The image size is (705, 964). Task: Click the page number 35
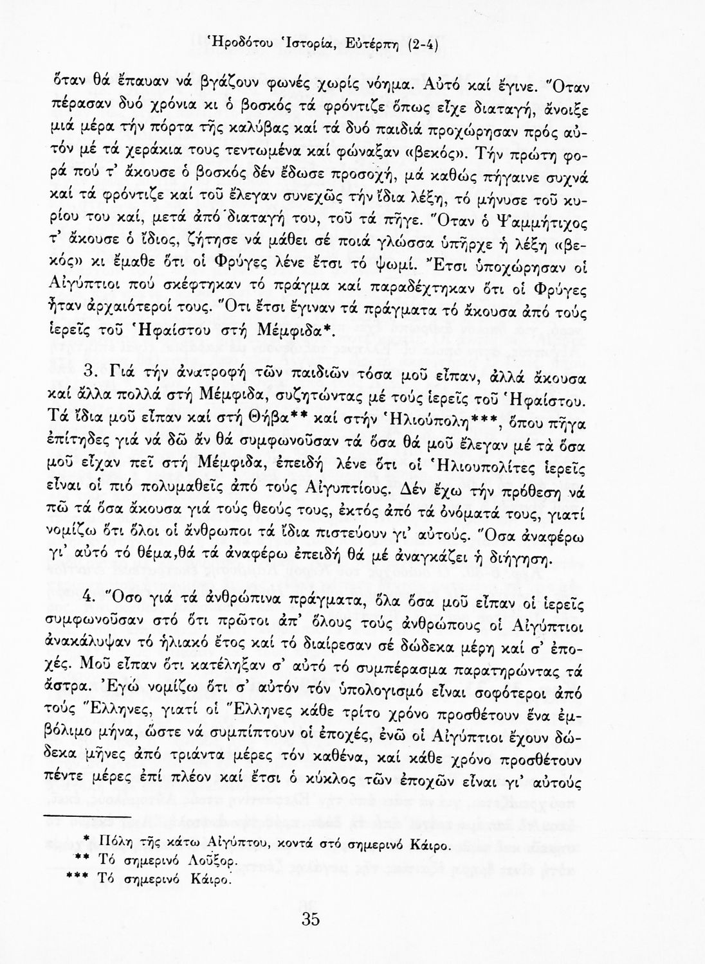[x=310, y=919]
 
